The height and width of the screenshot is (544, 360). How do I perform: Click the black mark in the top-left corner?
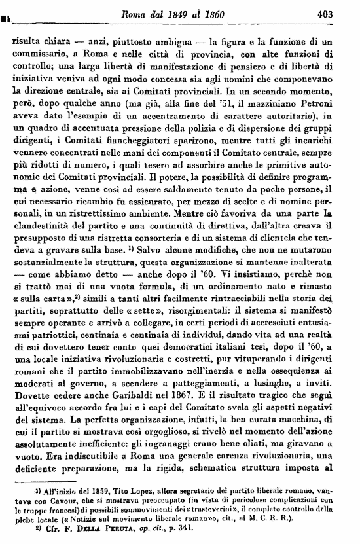(6, 12)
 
